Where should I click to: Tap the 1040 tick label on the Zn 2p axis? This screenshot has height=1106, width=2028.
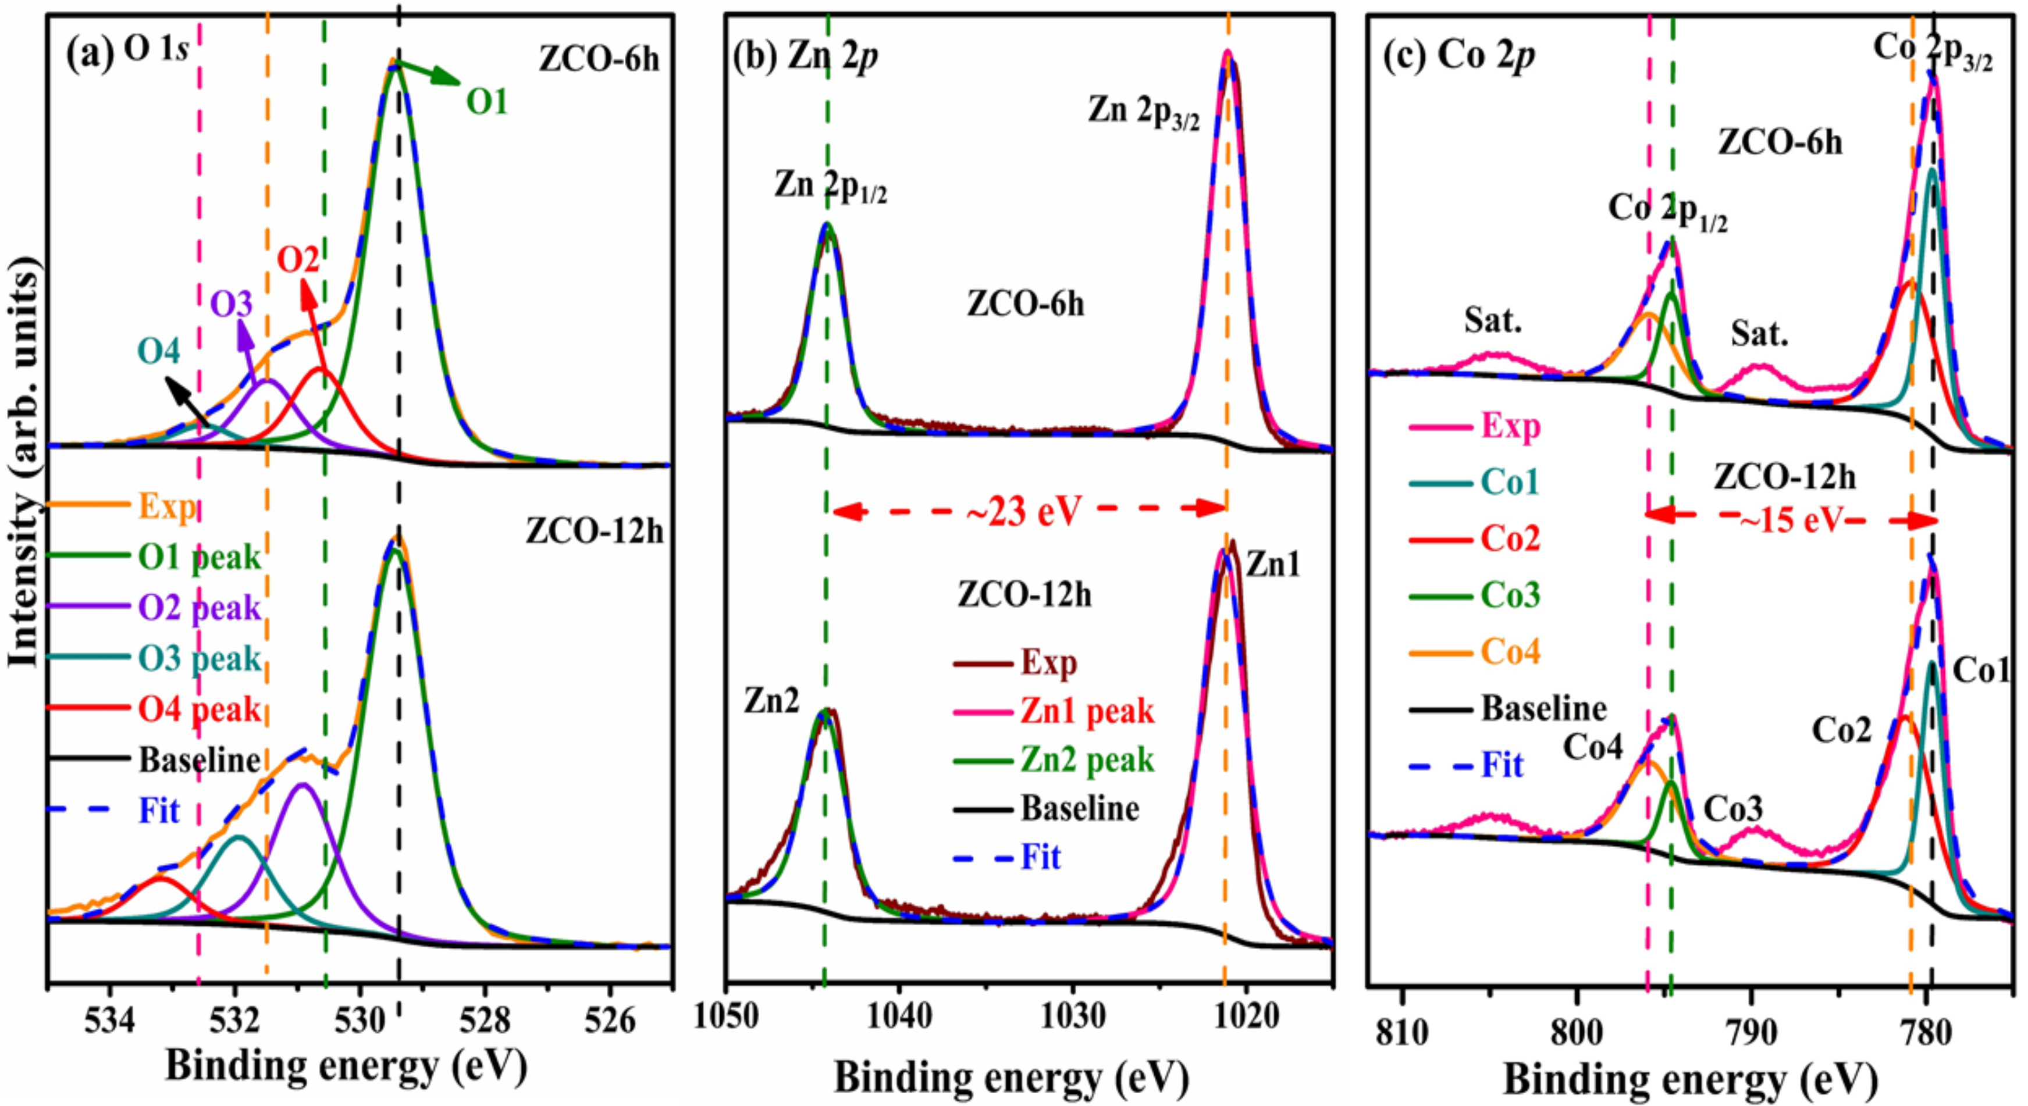click(x=898, y=1017)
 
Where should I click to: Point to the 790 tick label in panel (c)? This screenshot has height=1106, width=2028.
click(x=1751, y=1031)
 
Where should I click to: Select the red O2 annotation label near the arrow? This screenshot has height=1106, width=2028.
click(x=298, y=259)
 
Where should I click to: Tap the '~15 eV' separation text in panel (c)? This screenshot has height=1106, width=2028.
click(x=1791, y=519)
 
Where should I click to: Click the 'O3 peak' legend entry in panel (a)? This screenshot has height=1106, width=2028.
click(x=199, y=658)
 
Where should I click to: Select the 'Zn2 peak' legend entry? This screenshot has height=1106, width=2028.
click(x=1087, y=759)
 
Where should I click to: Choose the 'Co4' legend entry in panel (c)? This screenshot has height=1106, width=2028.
click(x=1510, y=652)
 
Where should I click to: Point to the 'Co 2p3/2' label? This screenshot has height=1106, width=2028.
click(x=1933, y=51)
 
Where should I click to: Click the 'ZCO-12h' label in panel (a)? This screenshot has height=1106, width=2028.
click(x=595, y=532)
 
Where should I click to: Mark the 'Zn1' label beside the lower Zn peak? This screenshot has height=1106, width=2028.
click(x=1273, y=565)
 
